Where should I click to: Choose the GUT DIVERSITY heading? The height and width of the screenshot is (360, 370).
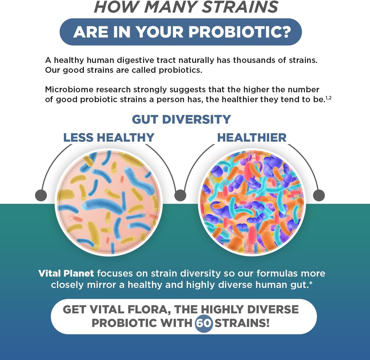coord(181,119)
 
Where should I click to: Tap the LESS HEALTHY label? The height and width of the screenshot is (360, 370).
coord(109,137)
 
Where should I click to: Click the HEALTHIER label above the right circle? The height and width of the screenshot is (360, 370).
coord(251,137)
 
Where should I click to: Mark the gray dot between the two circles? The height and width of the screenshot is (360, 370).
coord(180,196)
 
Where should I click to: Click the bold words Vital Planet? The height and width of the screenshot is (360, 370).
coord(66,273)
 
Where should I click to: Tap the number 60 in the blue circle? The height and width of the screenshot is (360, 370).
coord(204,323)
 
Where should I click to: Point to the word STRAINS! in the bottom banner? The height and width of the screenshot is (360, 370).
coord(242,323)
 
